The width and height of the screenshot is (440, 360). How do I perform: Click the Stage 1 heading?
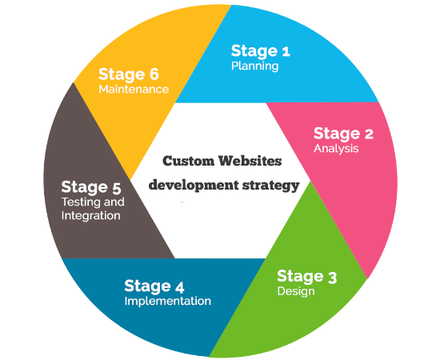click(261, 51)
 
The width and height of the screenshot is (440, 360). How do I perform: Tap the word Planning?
click(254, 66)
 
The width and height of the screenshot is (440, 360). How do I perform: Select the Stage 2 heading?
click(343, 134)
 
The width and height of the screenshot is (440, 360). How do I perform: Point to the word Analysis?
click(336, 149)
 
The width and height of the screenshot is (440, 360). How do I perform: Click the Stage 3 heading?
click(306, 277)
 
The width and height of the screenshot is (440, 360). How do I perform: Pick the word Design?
click(296, 291)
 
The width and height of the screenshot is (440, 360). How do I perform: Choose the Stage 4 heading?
click(154, 286)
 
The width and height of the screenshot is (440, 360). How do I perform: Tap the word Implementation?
click(167, 301)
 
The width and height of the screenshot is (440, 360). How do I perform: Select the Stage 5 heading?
click(91, 187)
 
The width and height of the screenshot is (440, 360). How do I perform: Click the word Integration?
click(91, 215)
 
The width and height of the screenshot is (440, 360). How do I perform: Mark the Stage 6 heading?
click(129, 74)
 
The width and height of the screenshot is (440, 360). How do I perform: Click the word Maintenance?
click(134, 90)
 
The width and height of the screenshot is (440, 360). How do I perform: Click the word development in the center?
click(194, 186)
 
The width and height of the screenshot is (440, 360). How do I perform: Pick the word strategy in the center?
click(270, 186)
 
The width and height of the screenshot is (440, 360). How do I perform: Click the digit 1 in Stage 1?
click(286, 52)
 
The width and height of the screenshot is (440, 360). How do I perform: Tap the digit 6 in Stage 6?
click(154, 74)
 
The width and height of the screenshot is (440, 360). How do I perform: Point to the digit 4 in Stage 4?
click(179, 286)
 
